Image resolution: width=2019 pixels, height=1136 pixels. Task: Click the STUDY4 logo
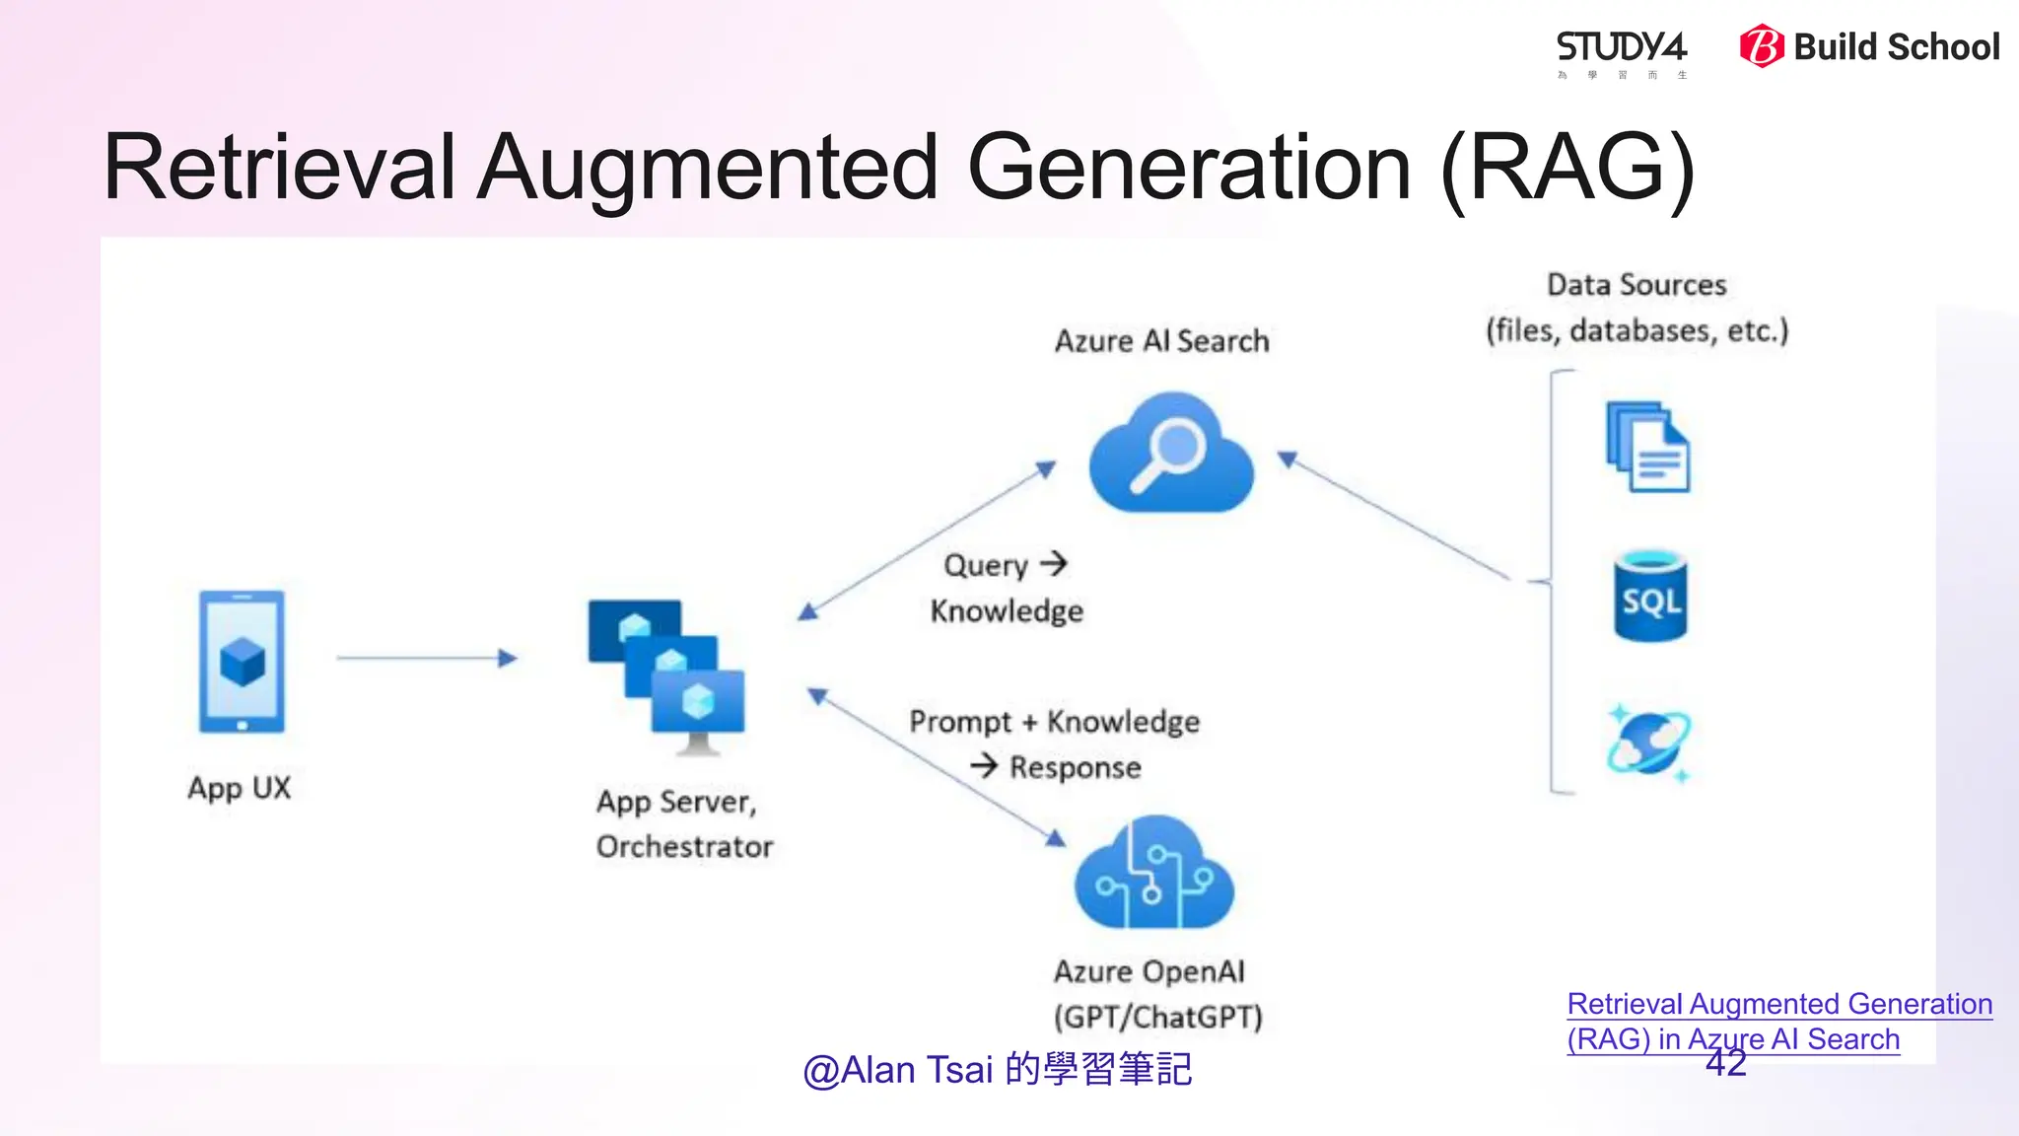(x=1621, y=49)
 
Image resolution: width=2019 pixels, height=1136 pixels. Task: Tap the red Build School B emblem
(x=1761, y=46)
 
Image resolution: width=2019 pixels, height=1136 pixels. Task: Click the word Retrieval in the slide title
(x=279, y=168)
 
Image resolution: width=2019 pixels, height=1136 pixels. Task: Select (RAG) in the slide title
(x=1567, y=168)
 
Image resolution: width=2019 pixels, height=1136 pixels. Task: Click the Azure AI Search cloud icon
(x=1170, y=454)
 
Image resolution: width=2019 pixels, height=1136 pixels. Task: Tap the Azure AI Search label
(x=1161, y=341)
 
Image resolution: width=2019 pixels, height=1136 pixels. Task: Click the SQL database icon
(x=1650, y=598)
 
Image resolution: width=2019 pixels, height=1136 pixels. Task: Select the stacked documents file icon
(x=1647, y=448)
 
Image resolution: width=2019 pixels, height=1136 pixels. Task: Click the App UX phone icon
(x=242, y=661)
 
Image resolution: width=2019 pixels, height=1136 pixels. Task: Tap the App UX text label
(x=240, y=788)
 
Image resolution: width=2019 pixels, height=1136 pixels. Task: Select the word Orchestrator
(x=684, y=847)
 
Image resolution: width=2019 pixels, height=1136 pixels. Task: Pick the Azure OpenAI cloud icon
(x=1153, y=875)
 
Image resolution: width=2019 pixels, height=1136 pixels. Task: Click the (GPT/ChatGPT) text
(x=1157, y=1017)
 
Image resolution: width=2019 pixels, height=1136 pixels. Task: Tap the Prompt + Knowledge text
(x=1054, y=722)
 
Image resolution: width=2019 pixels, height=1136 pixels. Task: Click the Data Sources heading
(x=1636, y=285)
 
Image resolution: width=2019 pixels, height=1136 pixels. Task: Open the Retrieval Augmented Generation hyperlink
(x=1779, y=1005)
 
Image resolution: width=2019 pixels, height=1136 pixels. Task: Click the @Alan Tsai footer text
(x=997, y=1070)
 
